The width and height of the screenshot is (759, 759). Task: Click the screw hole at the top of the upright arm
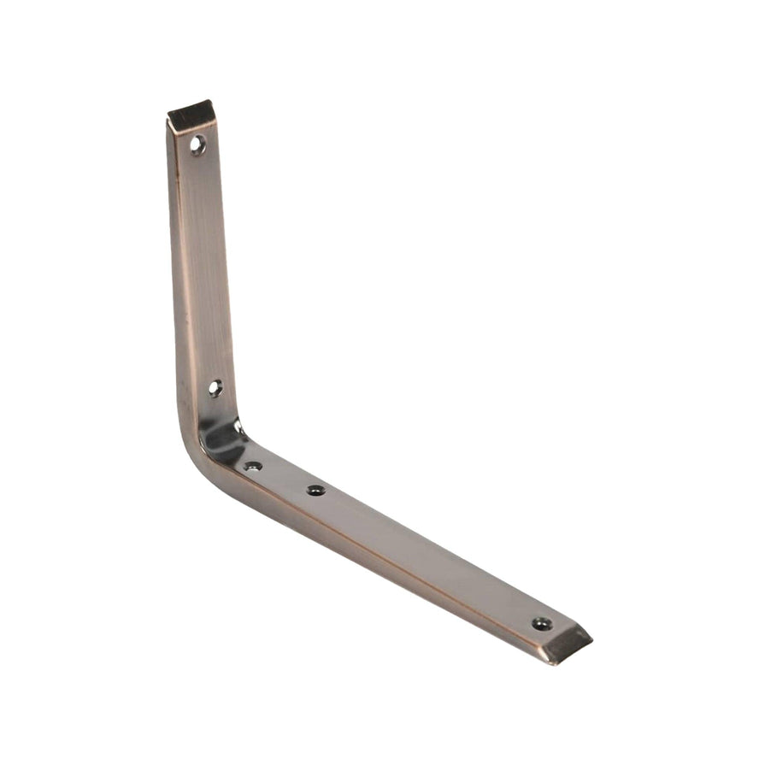[197, 144]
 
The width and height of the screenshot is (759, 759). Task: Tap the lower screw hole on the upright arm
[214, 387]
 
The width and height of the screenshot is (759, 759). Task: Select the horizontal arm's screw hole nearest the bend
[252, 466]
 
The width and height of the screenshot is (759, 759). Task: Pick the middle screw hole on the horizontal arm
[315, 490]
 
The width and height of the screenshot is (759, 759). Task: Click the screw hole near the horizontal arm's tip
[540, 623]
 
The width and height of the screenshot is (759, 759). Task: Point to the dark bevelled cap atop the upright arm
[191, 114]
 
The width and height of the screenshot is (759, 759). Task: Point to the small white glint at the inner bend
[238, 425]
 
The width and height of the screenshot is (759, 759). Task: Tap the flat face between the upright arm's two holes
[205, 265]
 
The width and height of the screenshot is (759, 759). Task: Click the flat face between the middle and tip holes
[427, 556]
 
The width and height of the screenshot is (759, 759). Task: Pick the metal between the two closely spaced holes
[284, 478]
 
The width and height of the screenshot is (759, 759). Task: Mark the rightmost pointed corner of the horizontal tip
[591, 636]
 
